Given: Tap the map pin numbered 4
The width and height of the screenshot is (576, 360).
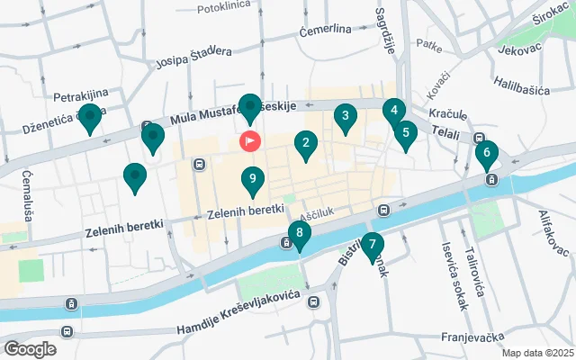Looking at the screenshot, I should (392, 112).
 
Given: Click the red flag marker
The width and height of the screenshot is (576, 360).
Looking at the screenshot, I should (249, 141).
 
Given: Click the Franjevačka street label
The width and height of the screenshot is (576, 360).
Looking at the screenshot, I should (472, 337).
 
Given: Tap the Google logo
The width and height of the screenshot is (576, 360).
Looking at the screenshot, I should (30, 348).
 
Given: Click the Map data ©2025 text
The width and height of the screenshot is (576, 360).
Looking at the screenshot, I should (536, 353).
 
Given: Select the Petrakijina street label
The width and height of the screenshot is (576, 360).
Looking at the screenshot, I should (81, 94).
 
